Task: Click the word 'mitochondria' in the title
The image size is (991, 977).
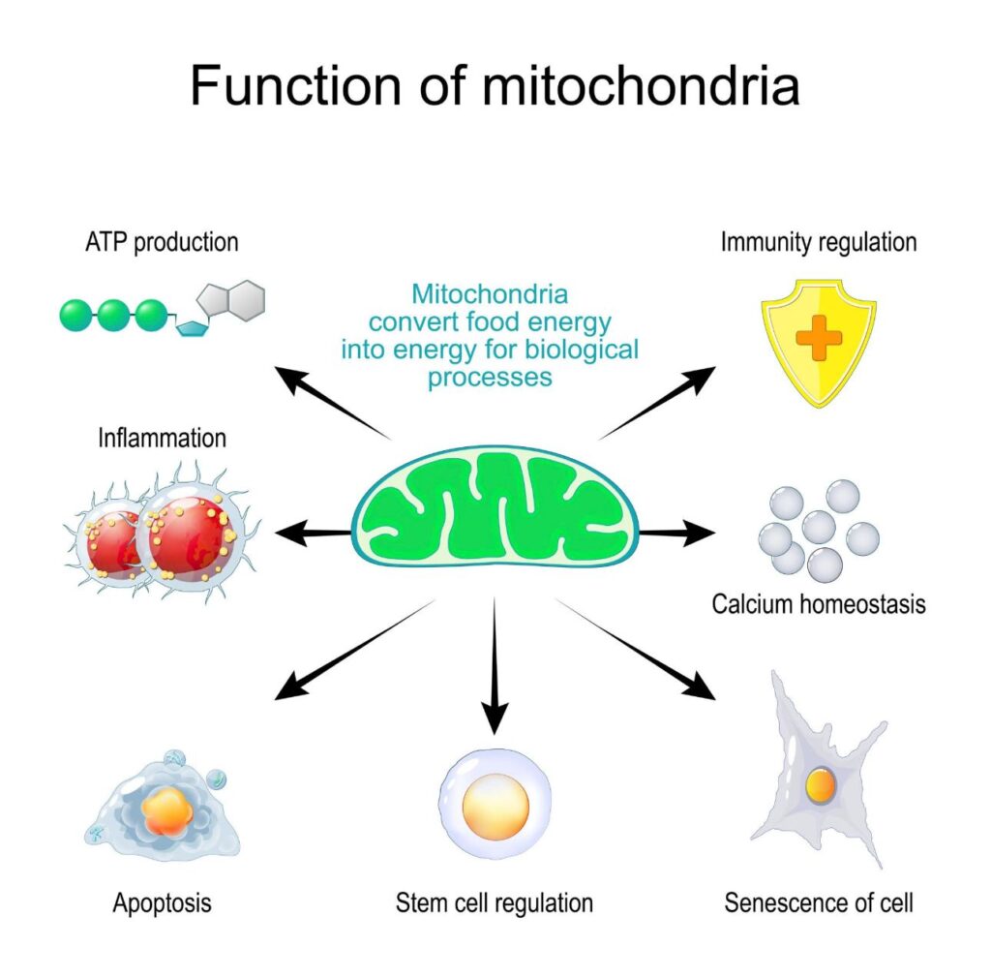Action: point(642,86)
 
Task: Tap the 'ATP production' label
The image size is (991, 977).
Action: point(161,241)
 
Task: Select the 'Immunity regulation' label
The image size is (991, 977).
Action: point(818,241)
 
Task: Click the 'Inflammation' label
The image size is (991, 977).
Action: point(162,438)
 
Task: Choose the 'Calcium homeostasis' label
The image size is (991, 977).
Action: point(819,604)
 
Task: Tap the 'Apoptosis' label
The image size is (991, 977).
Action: point(162,903)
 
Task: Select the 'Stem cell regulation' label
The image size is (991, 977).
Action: point(495,903)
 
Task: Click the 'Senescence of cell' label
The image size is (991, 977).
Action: point(819,903)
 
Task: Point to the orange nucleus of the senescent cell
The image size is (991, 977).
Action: point(820,784)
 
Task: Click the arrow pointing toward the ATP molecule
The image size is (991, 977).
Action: point(329,401)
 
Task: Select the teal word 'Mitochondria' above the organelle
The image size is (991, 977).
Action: point(490,293)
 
